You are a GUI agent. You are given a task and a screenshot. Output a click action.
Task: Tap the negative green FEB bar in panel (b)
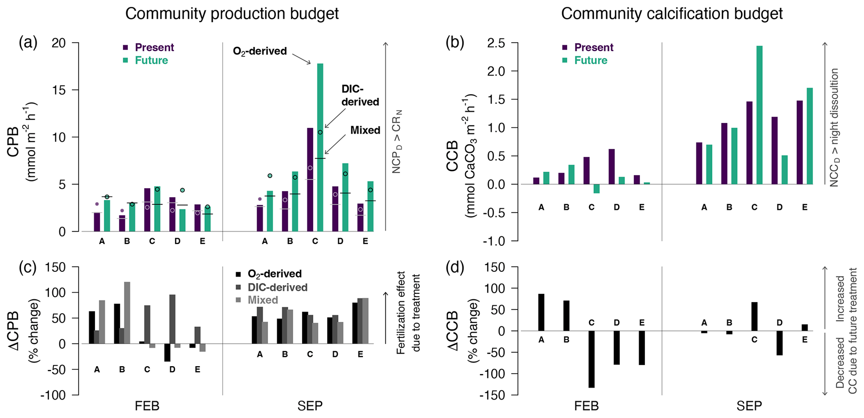596,189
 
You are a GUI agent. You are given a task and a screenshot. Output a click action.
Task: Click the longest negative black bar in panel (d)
591,359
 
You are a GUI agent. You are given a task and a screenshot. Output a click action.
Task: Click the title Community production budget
232,14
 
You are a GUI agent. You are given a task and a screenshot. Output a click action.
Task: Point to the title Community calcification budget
672,14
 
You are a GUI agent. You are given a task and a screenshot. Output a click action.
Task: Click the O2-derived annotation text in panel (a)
260,51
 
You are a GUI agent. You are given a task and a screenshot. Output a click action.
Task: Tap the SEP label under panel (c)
310,406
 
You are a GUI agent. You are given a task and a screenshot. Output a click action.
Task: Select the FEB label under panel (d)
586,406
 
